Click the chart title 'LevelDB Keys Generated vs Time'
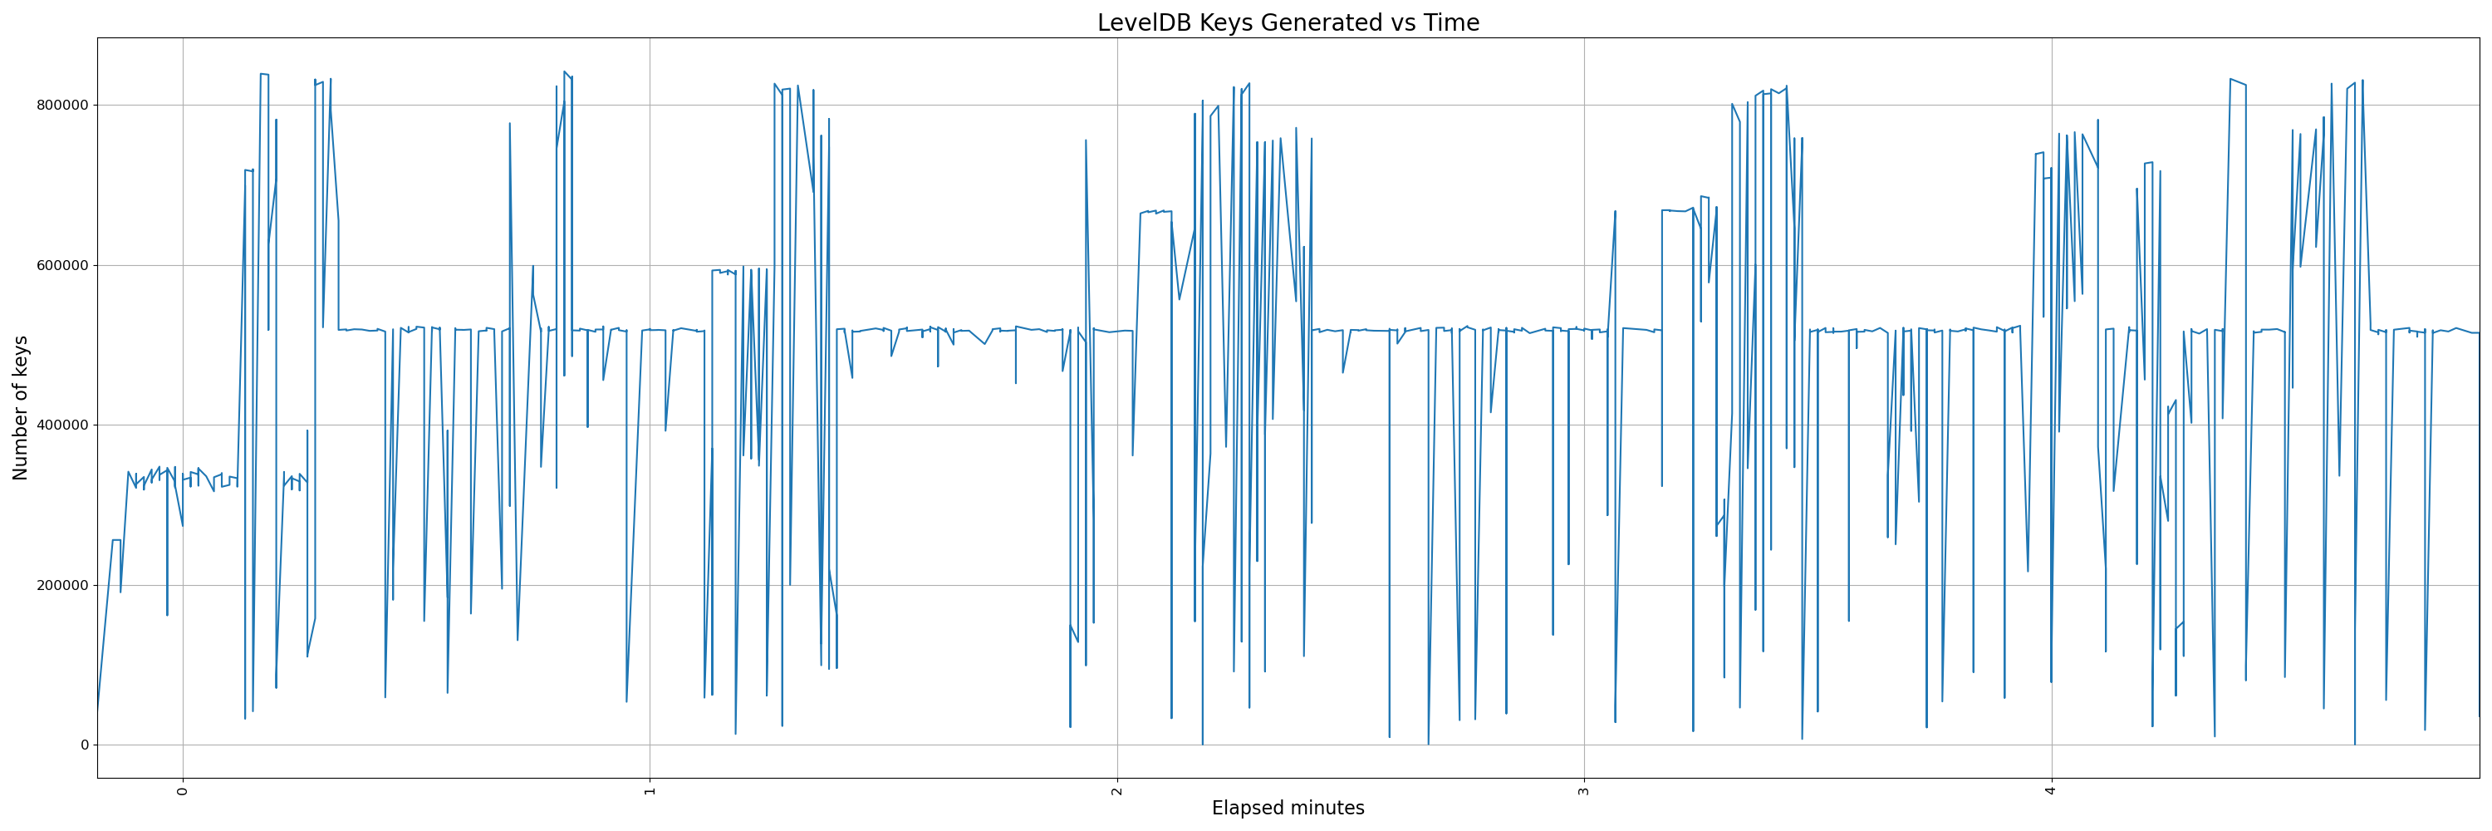point(1288,23)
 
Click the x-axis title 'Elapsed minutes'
point(1288,808)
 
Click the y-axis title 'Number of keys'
point(22,407)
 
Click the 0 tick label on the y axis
point(84,745)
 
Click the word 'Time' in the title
point(1452,23)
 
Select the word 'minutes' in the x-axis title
point(1327,808)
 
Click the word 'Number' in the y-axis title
point(22,446)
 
